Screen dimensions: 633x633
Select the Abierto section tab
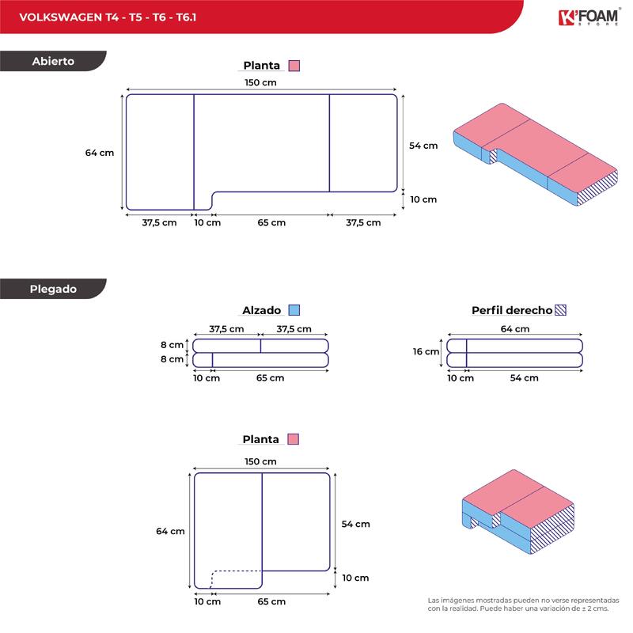(x=53, y=61)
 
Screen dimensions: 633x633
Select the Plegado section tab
(x=53, y=289)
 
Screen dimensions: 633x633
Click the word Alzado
(x=263, y=310)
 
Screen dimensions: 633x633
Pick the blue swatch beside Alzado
(x=294, y=310)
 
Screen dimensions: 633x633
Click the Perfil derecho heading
(x=511, y=310)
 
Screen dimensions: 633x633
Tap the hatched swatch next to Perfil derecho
(x=561, y=310)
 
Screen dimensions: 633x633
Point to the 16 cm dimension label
(x=426, y=352)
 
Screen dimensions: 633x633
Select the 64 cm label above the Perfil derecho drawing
(x=516, y=329)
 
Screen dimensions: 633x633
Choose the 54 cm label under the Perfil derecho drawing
(x=524, y=378)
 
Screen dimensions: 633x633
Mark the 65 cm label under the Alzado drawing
(x=271, y=378)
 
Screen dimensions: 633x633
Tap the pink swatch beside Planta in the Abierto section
(x=294, y=66)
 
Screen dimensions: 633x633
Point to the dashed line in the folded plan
(x=237, y=570)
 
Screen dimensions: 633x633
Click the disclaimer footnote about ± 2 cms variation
(x=523, y=605)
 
